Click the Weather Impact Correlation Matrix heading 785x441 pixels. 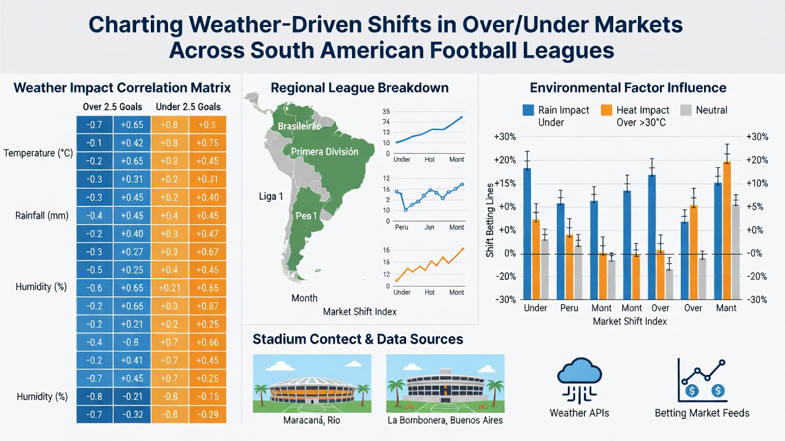click(x=122, y=88)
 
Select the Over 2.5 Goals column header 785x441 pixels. click(x=112, y=107)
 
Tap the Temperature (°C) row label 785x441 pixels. click(x=38, y=153)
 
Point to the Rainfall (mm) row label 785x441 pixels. click(x=42, y=216)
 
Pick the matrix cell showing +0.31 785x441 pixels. click(x=132, y=179)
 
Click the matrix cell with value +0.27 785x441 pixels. click(x=132, y=252)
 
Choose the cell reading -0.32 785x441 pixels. click(x=132, y=415)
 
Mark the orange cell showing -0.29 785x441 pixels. click(x=207, y=415)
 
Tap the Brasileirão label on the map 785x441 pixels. click(x=299, y=126)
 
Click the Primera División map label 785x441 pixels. click(x=324, y=151)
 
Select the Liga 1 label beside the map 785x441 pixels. click(x=271, y=197)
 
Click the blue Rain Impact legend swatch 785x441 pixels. click(x=528, y=110)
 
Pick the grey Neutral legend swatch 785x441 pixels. click(x=686, y=110)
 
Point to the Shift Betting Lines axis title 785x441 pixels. click(x=489, y=221)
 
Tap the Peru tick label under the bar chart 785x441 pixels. click(x=569, y=308)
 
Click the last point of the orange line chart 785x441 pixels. click(x=462, y=249)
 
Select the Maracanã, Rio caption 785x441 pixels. click(x=312, y=420)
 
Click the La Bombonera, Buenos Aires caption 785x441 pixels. click(x=445, y=420)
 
